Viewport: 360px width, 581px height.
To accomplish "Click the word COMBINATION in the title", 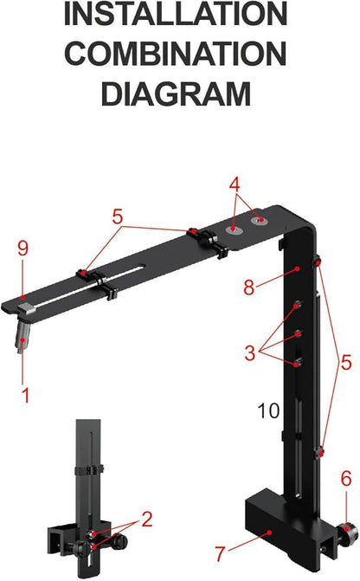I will tap(177, 53).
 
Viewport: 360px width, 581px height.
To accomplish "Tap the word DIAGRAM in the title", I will tap(177, 91).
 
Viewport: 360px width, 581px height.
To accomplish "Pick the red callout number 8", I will tap(249, 287).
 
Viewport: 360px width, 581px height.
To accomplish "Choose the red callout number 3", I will tap(249, 352).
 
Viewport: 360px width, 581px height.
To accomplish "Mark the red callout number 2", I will tap(147, 520).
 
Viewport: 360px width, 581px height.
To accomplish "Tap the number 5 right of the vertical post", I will tap(346, 364).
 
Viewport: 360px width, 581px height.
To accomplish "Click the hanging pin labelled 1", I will tap(22, 339).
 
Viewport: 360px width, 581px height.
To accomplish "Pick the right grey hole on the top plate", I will tap(257, 222).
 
